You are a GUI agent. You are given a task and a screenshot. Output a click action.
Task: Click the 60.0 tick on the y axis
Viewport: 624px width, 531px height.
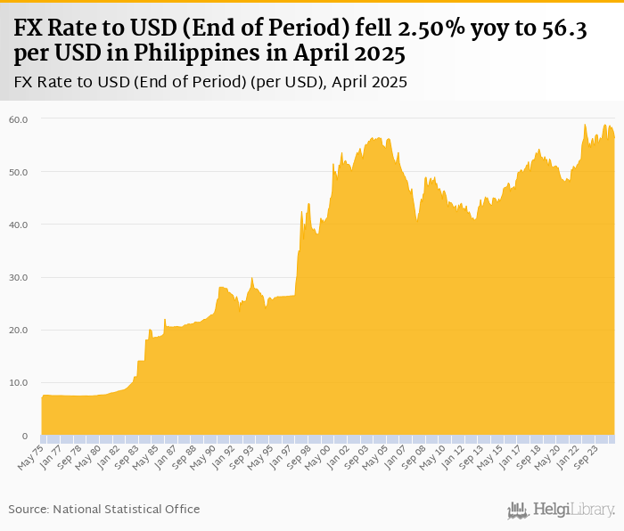[19, 118]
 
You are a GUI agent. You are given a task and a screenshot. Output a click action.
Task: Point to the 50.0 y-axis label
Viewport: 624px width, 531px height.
[19, 171]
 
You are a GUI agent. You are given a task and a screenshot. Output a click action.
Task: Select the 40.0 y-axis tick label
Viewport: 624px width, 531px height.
[19, 225]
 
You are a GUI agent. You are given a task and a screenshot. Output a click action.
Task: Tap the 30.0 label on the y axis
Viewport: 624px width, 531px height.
[19, 277]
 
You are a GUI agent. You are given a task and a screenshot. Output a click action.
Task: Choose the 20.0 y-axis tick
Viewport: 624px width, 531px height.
[19, 330]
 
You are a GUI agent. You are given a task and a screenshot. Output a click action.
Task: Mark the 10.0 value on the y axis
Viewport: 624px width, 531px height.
[19, 383]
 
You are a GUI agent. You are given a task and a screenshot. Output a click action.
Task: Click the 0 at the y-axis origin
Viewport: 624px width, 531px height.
[25, 436]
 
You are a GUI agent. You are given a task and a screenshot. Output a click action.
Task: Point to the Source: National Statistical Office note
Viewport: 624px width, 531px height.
[104, 509]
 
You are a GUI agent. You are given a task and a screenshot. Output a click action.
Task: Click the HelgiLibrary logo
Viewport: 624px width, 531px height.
[562, 510]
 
